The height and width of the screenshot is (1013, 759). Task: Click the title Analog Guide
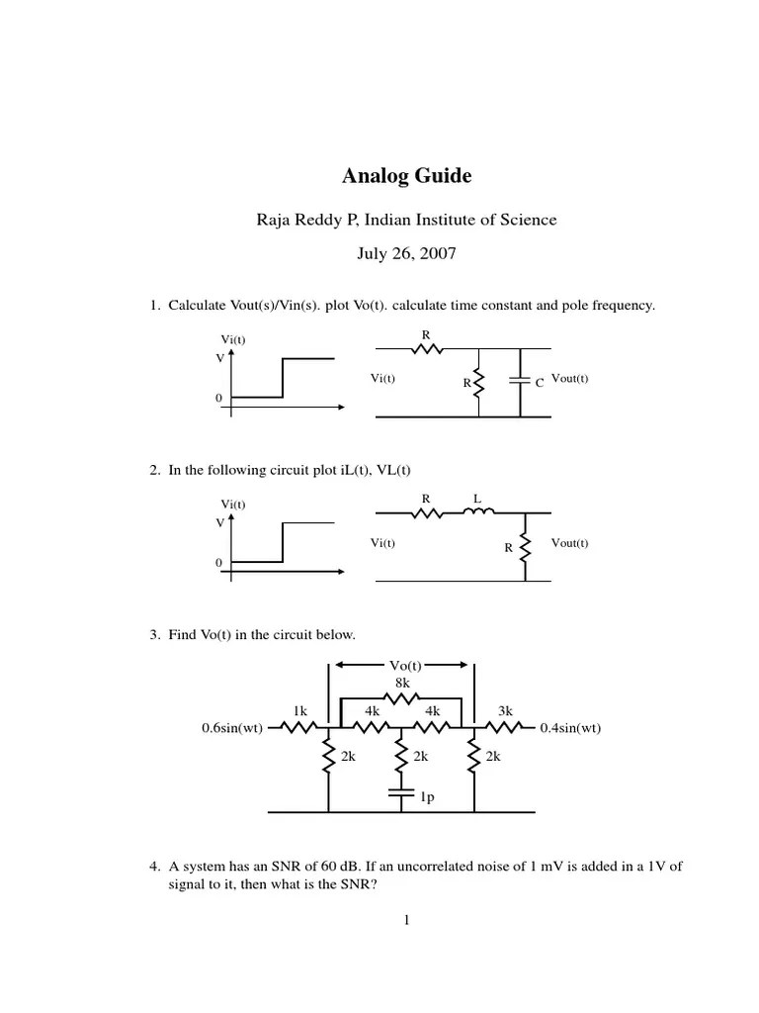(x=406, y=177)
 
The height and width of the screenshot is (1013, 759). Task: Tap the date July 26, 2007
(x=406, y=253)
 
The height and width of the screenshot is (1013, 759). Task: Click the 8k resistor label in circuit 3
(x=402, y=682)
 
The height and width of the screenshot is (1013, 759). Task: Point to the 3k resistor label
(x=505, y=710)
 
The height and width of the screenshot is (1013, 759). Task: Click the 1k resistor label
(x=300, y=710)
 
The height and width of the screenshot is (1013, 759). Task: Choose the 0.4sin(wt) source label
(x=570, y=729)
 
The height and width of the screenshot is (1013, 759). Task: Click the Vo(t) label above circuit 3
(x=402, y=666)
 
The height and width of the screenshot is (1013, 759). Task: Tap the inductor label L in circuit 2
(x=476, y=499)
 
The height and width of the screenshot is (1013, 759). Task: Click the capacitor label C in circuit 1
(x=540, y=382)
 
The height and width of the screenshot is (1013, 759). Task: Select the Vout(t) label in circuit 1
(x=570, y=378)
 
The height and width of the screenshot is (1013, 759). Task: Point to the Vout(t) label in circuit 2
(x=570, y=543)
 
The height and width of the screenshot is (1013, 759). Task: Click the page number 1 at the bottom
(x=406, y=920)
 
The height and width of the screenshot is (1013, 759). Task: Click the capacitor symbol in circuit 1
(x=520, y=381)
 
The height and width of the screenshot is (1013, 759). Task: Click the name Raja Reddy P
(x=306, y=220)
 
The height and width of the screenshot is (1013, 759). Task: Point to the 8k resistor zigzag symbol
(x=402, y=697)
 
